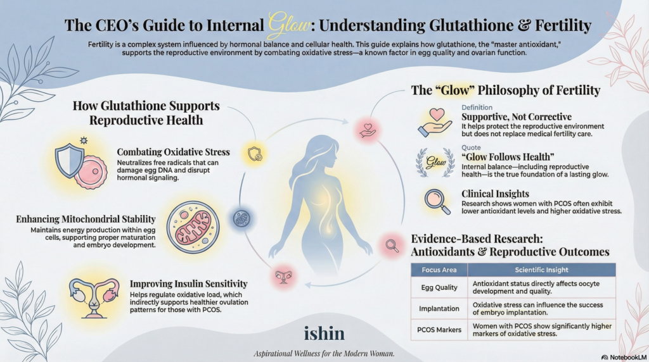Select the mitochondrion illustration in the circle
point(193,225)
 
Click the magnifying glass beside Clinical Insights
point(437,201)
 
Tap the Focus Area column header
point(439,270)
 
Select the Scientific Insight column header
point(541,270)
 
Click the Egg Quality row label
point(439,287)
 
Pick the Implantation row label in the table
point(439,309)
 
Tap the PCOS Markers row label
point(439,330)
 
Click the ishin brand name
point(324,332)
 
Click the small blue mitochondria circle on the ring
point(241,218)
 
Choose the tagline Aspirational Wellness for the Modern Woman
point(324,353)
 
